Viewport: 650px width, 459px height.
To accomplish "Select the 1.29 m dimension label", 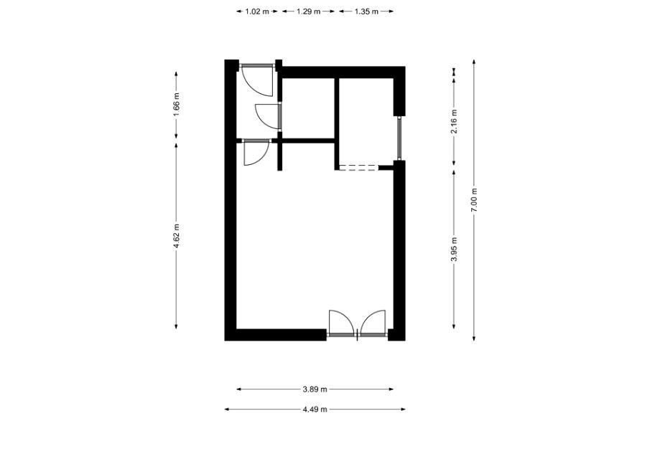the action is coord(308,11).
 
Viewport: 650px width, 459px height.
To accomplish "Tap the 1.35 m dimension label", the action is coord(366,11).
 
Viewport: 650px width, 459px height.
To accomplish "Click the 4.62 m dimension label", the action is coord(176,236).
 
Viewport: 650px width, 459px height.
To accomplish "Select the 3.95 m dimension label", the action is coord(455,249).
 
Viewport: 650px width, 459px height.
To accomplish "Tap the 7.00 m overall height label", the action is coord(474,200).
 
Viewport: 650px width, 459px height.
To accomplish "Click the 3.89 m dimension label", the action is coord(315,389).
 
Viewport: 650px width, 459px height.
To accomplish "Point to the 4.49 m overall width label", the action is coord(315,410).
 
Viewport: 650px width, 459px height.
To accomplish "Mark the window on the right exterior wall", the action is coord(399,138).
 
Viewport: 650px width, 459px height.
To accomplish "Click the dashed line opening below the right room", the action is coord(359,167).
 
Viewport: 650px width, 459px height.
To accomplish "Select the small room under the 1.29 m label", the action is coord(308,108).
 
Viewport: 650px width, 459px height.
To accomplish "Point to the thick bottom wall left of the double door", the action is coord(276,335).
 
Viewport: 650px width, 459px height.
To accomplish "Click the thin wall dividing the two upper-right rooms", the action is coord(337,123).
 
